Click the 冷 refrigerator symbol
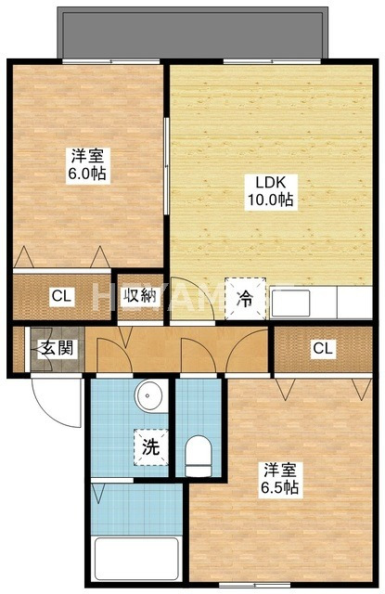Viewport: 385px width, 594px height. pos(246,298)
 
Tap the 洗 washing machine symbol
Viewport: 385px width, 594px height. pos(149,446)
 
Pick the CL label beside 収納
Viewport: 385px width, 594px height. pos(61,297)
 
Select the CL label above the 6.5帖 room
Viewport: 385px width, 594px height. pos(322,349)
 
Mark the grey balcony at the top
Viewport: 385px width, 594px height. pos(191,32)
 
